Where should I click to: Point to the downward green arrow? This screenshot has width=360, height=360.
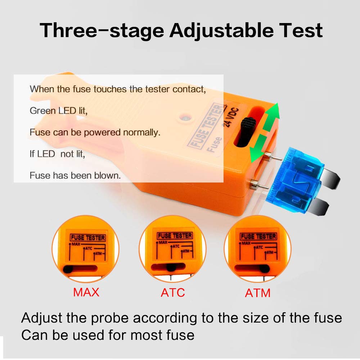click(x=258, y=148)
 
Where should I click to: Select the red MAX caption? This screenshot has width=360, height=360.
click(x=86, y=292)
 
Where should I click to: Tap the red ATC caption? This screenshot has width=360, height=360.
click(x=173, y=292)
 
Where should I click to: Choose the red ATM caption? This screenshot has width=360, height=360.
click(x=257, y=293)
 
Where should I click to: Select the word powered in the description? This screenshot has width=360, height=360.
click(x=102, y=132)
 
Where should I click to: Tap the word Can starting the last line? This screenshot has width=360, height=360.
click(x=34, y=335)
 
